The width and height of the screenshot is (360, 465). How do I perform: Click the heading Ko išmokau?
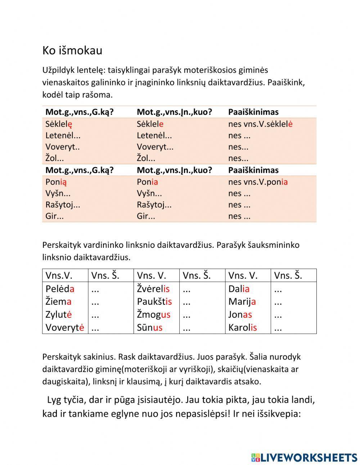tap(72, 50)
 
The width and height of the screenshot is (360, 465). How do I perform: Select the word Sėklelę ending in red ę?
tap(59, 124)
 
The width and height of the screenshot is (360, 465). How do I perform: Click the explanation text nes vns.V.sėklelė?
tap(260, 124)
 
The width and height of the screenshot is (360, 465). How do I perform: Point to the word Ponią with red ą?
tap(56, 182)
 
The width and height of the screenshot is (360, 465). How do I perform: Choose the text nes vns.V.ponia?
tap(258, 182)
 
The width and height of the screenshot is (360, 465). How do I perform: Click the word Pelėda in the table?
tap(60, 289)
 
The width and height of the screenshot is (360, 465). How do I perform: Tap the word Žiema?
tap(58, 301)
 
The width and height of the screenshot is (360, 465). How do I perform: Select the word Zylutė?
tap(58, 314)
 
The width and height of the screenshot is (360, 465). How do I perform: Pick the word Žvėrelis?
tap(153, 289)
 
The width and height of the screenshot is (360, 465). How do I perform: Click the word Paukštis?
tap(154, 301)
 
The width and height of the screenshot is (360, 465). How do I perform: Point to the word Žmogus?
tap(153, 314)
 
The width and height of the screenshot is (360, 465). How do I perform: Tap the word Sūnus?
tap(149, 327)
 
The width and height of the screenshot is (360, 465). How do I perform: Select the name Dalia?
tap(239, 289)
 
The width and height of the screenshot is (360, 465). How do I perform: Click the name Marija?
tap(242, 301)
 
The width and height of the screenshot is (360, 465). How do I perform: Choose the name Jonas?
tap(240, 314)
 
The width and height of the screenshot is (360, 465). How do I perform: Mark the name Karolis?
tap(242, 327)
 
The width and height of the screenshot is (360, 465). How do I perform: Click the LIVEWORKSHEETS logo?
tap(304, 457)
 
